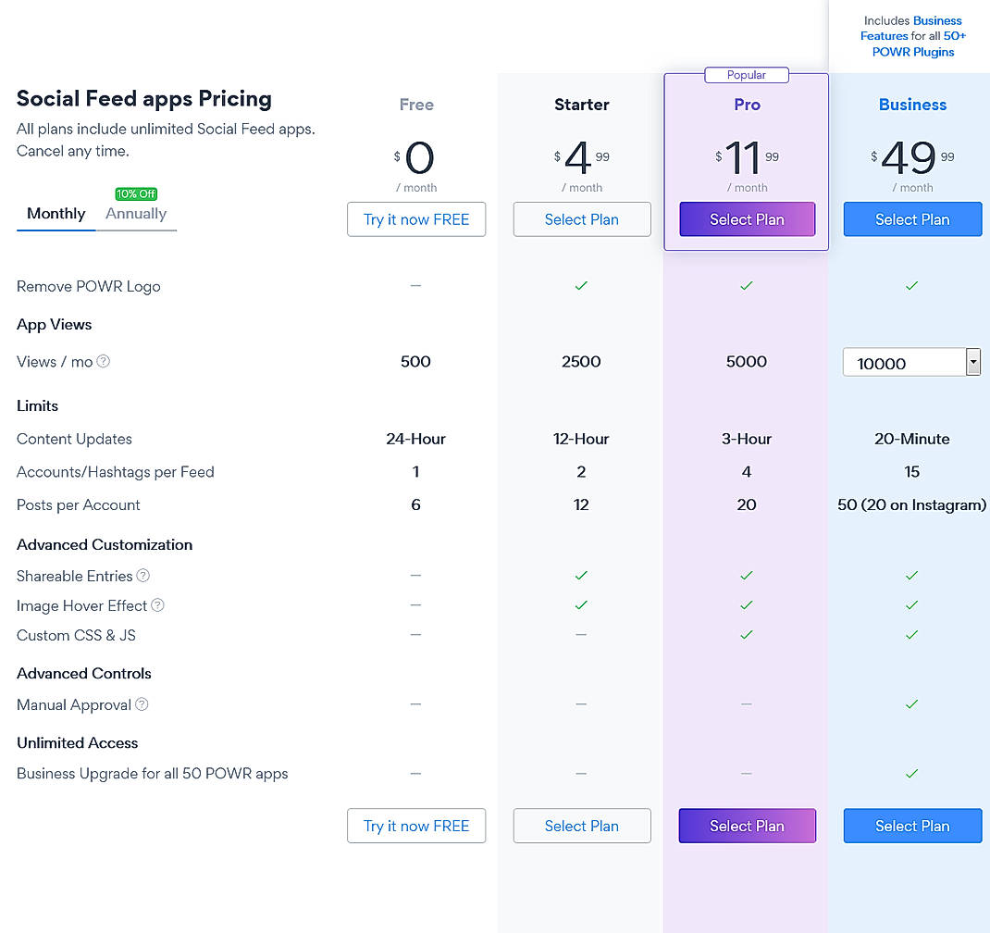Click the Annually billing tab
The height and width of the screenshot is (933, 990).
(136, 214)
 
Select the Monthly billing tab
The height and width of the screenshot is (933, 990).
(56, 214)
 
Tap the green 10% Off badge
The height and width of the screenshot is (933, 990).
(136, 193)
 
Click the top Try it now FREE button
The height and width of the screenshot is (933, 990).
(416, 219)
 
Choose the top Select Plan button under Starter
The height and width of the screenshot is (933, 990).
(582, 219)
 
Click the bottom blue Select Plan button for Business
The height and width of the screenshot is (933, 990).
(912, 826)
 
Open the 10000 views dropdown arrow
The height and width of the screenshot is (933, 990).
(972, 362)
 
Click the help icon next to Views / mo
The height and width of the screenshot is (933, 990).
(104, 362)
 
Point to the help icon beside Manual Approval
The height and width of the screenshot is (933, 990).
(142, 704)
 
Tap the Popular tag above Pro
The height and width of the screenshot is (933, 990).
(747, 75)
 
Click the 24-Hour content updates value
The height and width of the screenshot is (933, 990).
(415, 439)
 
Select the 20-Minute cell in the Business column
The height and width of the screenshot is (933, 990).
(911, 439)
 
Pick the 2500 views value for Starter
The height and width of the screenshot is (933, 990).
(581, 362)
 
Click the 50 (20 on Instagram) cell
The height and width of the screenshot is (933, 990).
(911, 504)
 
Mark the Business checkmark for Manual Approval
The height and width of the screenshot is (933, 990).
(911, 704)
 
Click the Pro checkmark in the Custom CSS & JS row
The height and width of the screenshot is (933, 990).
(747, 635)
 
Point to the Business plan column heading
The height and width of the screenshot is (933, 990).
(912, 105)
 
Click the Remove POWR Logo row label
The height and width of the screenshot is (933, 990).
(89, 286)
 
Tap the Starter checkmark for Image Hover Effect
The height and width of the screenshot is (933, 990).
(581, 605)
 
